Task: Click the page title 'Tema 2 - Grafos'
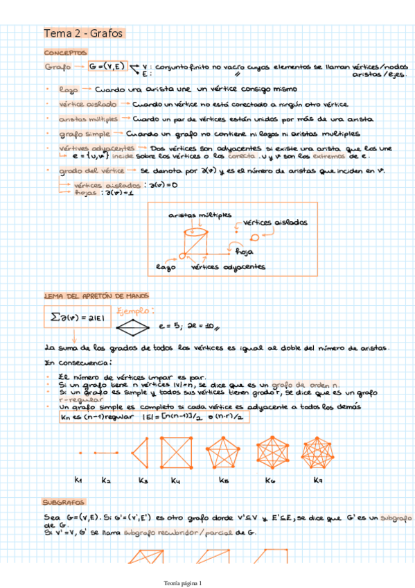(x=83, y=33)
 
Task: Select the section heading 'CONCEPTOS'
(x=65, y=53)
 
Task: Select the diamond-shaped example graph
(x=132, y=326)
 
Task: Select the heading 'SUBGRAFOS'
(x=63, y=501)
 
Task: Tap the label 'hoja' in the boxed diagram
(x=244, y=252)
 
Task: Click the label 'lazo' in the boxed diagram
(x=166, y=266)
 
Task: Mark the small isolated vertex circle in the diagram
(x=254, y=237)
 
